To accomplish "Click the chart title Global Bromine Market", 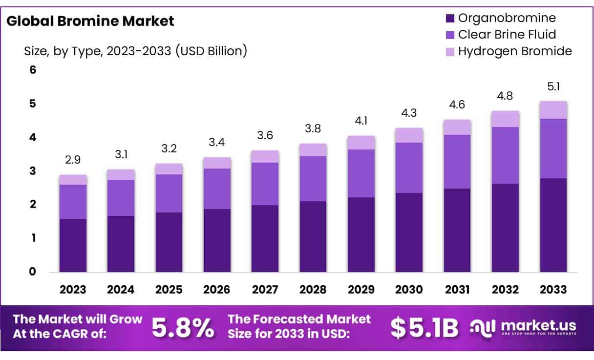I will pos(91,21).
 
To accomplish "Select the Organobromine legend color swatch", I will pos(450,19).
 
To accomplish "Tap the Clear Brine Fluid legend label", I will pos(507,35).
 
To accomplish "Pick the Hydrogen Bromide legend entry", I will pos(514,51).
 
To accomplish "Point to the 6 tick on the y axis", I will pos(33,70).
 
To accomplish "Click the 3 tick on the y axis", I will pos(33,171).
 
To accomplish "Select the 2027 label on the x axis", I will pos(265,290).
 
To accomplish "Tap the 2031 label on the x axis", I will pos(457,290).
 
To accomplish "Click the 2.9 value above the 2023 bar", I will pos(73,160).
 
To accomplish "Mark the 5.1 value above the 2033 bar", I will pos(553,87).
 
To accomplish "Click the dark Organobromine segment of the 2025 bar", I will pos(169,242).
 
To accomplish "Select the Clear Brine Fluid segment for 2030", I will pos(409,168).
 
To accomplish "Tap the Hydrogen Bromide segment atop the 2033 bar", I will pos(553,110).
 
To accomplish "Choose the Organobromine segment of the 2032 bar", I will pos(506,228).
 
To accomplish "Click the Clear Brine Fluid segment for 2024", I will pos(121,197).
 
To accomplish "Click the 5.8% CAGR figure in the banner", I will pos(183,328).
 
